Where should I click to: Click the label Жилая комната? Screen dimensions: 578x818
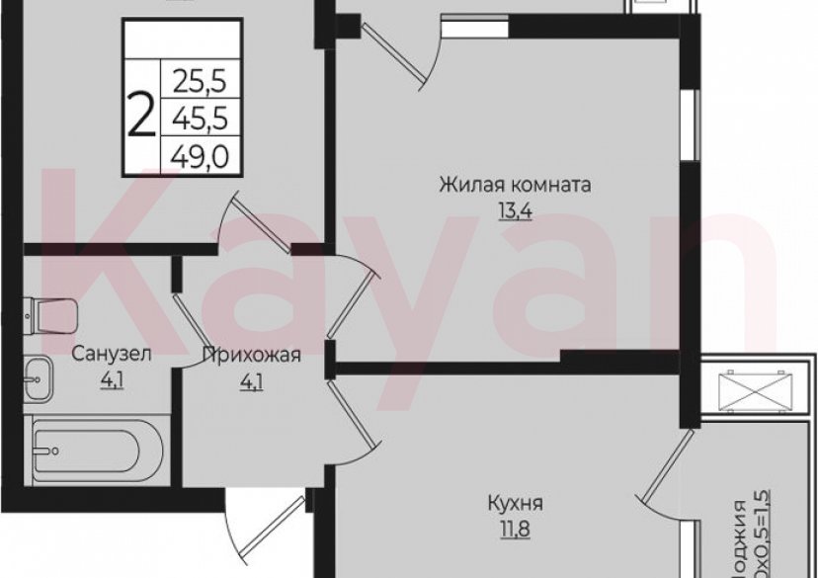(515, 185)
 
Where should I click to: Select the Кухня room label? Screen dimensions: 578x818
(514, 505)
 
